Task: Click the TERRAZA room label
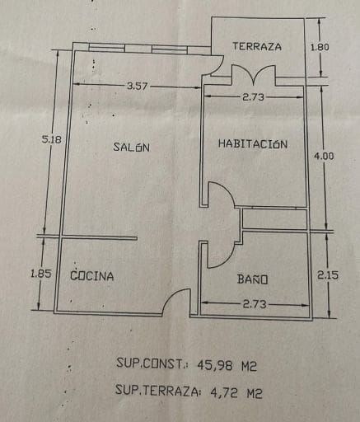pyautogui.click(x=257, y=46)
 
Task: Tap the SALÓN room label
pyautogui.click(x=132, y=147)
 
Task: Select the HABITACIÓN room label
pyautogui.click(x=253, y=143)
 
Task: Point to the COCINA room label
pyautogui.click(x=92, y=275)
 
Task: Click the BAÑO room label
pyautogui.click(x=252, y=279)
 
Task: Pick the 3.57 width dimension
pyautogui.click(x=138, y=87)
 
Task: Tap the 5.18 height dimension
pyautogui.click(x=51, y=139)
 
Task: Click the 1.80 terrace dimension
pyautogui.click(x=320, y=47)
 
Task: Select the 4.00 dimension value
pyautogui.click(x=324, y=156)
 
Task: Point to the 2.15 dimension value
pyautogui.click(x=328, y=275)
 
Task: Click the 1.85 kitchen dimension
pyautogui.click(x=41, y=274)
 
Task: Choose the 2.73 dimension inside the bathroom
pyautogui.click(x=255, y=304)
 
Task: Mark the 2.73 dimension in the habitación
pyautogui.click(x=253, y=97)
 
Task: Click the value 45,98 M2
pyautogui.click(x=227, y=365)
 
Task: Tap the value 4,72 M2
pyautogui.click(x=236, y=392)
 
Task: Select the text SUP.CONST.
pyautogui.click(x=151, y=363)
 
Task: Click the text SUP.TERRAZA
pyautogui.click(x=157, y=390)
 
